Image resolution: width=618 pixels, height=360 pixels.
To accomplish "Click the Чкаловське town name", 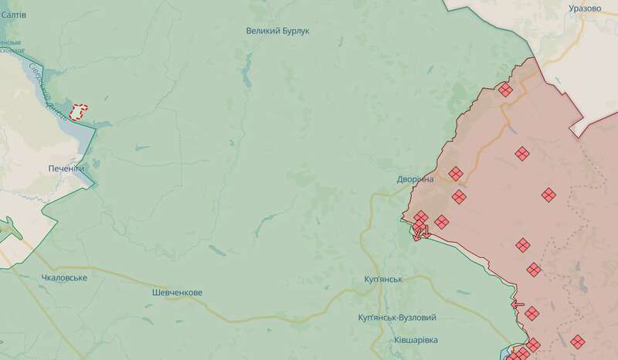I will pyautogui.click(x=64, y=277).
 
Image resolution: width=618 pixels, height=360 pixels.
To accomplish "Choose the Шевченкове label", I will pyautogui.click(x=176, y=293).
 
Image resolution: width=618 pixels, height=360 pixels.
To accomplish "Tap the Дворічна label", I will pyautogui.click(x=415, y=179).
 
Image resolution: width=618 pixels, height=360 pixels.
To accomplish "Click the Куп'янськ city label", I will pyautogui.click(x=382, y=278).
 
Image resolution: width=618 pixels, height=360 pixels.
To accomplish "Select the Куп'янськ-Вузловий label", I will pyautogui.click(x=398, y=318).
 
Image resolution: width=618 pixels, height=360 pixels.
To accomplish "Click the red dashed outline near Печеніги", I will pyautogui.click(x=79, y=112).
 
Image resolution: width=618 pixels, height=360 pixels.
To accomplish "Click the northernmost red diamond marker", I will pyautogui.click(x=504, y=90).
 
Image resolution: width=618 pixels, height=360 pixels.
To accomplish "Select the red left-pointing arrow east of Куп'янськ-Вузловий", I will pyautogui.click(x=518, y=304).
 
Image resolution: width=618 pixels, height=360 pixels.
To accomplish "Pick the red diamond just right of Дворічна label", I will pyautogui.click(x=455, y=173).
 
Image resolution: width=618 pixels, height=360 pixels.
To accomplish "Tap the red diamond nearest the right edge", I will pyautogui.click(x=578, y=341).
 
